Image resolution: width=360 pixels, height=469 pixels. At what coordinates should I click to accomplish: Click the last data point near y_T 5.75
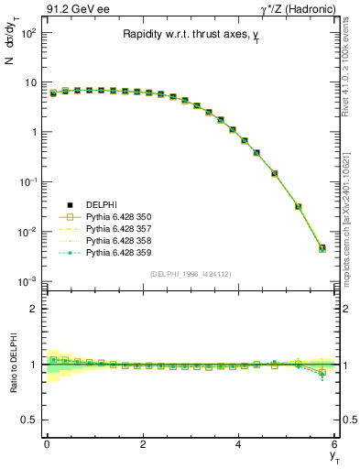coord(322,248)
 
